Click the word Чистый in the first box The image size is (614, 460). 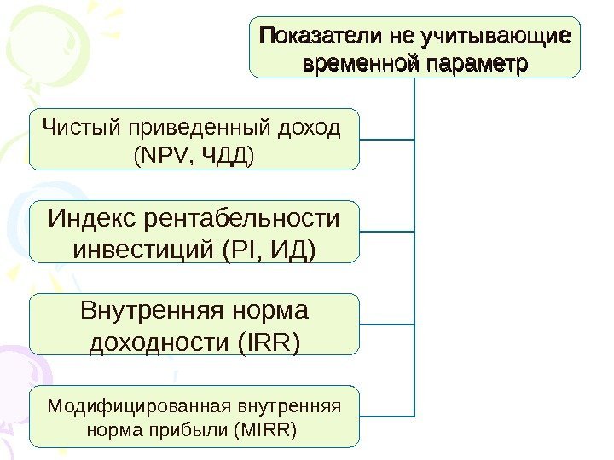81,128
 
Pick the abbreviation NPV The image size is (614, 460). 157,156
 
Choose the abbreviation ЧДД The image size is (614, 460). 224,156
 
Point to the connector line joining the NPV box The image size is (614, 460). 388,138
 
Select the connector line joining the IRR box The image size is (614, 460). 388,324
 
